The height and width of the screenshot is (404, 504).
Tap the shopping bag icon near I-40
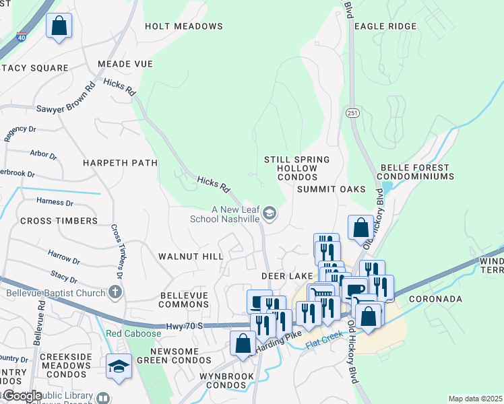[x=59, y=26]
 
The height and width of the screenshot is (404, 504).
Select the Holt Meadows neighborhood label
[x=184, y=26]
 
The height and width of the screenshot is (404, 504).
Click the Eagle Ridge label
[x=385, y=26]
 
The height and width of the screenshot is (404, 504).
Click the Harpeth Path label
[x=120, y=163]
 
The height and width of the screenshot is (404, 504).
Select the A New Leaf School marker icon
[x=270, y=214]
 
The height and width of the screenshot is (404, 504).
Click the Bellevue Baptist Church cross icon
[x=115, y=292]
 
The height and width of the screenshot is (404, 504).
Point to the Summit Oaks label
[x=332, y=190]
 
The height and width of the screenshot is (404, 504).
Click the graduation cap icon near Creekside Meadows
[x=119, y=366]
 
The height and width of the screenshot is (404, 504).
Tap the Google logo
[x=22, y=396]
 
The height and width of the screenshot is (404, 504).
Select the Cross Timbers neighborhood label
[x=59, y=221]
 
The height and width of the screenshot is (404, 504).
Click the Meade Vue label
[x=125, y=64]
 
